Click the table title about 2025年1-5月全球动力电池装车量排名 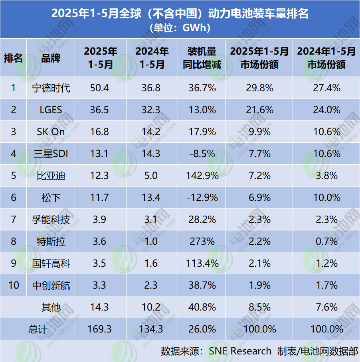(180, 14)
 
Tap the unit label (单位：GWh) (180, 28)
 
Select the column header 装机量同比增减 (202, 58)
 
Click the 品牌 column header (51, 58)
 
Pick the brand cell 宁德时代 (51, 88)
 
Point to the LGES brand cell (51, 110)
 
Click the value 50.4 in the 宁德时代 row (100, 88)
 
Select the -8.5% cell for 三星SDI (202, 153)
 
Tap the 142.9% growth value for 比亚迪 (202, 175)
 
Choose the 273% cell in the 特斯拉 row (202, 241)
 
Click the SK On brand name (51, 132)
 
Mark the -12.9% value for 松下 (202, 197)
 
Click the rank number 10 (14, 285)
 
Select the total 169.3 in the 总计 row (100, 329)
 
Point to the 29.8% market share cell (259, 88)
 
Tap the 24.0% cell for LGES (326, 110)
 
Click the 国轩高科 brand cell (51, 263)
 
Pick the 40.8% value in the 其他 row (202, 307)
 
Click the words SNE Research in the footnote (240, 351)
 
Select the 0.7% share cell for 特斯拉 (326, 241)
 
